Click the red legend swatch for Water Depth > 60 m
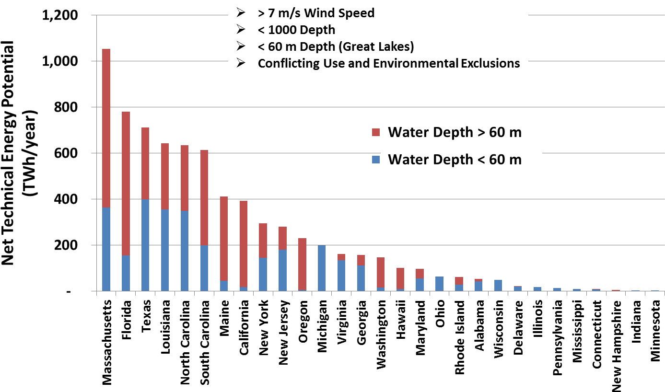(x=376, y=132)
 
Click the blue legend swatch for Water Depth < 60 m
(x=376, y=160)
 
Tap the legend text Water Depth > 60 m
(x=455, y=132)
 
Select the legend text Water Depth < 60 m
(x=455, y=160)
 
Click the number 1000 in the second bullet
(x=283, y=30)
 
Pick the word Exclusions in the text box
(x=490, y=63)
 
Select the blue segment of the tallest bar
(x=106, y=249)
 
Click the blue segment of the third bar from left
(x=145, y=245)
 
